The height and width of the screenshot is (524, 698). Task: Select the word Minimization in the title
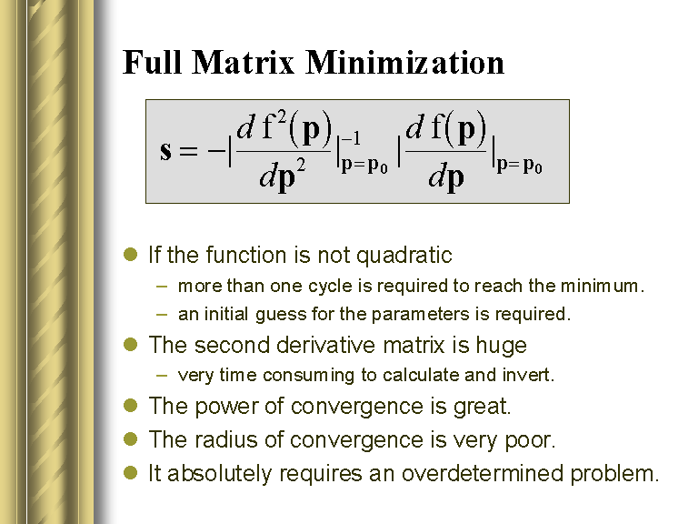point(404,62)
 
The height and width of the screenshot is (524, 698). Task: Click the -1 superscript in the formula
point(351,138)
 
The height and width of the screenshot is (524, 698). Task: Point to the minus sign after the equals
point(217,151)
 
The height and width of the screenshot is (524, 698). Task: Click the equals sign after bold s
point(188,151)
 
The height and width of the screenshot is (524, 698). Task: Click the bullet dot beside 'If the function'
point(131,255)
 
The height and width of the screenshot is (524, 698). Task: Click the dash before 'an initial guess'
point(162,315)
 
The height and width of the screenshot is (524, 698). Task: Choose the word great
point(482,407)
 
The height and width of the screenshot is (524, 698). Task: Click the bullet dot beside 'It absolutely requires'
point(131,473)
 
